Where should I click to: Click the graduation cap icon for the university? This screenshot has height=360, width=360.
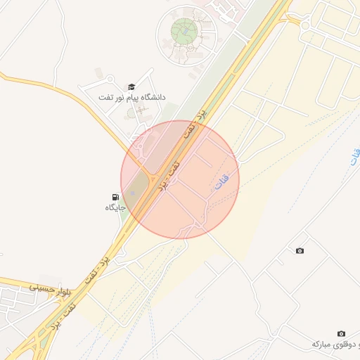pos(131,86)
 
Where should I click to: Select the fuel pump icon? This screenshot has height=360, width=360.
pos(115,197)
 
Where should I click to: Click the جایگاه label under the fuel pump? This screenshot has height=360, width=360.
pos(115,208)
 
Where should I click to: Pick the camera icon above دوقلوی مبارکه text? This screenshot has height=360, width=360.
pos(341,333)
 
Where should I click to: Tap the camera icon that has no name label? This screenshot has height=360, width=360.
pos(300,251)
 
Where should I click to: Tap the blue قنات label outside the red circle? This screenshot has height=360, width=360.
pos(354,157)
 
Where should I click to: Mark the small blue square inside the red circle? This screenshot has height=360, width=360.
pos(132,193)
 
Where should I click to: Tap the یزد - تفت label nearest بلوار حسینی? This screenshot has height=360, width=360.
pos(97,268)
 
